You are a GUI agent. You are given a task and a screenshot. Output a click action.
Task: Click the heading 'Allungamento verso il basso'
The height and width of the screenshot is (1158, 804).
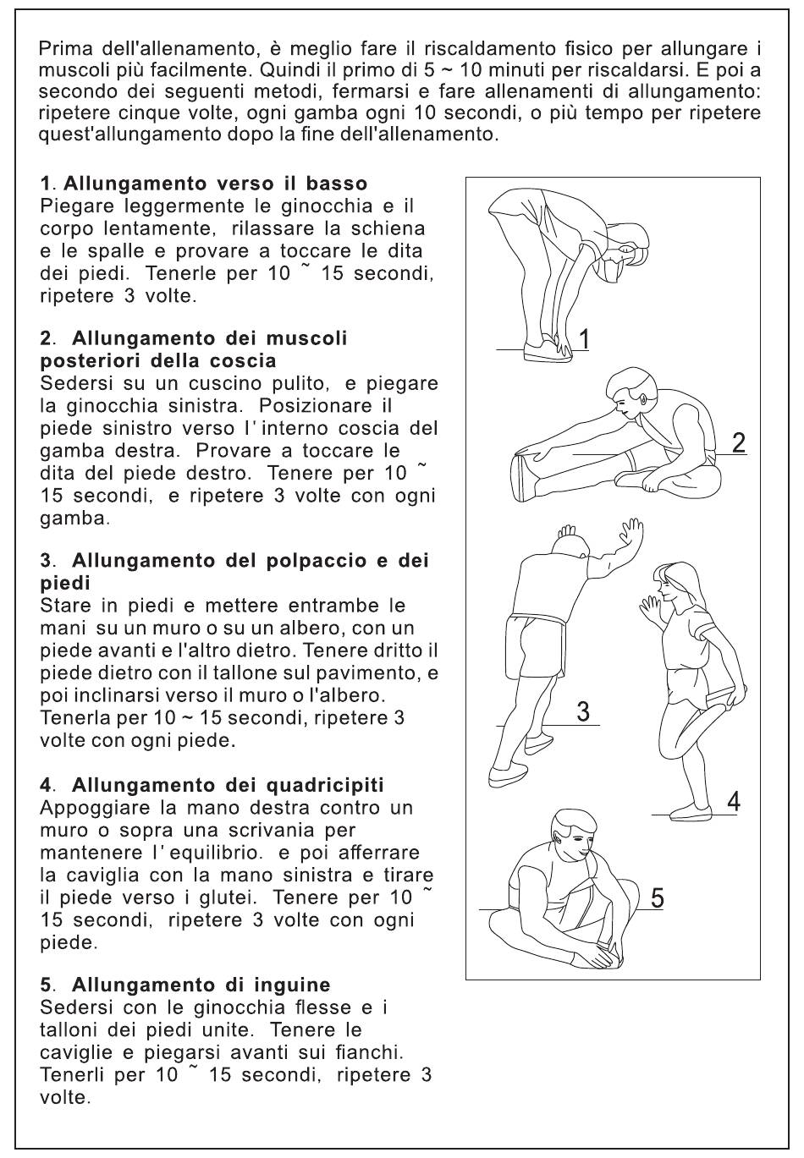[x=215, y=184]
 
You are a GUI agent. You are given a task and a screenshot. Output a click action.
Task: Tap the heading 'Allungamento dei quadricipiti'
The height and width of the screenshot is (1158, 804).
[x=228, y=785]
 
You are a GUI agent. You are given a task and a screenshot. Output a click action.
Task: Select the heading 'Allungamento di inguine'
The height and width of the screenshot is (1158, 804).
[x=201, y=985]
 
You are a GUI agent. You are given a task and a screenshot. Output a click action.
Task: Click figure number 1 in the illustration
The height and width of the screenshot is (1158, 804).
[x=584, y=340]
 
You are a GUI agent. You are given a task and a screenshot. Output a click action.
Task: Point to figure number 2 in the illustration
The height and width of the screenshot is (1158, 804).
[x=740, y=442]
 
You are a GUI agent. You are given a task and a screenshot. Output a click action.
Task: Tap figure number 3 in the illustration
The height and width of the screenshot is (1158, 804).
[x=583, y=712]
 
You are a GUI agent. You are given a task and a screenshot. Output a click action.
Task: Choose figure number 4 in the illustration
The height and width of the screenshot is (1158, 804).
[x=734, y=802]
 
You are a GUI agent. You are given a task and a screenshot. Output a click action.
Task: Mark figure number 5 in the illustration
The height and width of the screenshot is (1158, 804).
[x=657, y=898]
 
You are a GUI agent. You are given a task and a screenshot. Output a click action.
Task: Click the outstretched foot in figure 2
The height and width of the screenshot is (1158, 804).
[x=525, y=475]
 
